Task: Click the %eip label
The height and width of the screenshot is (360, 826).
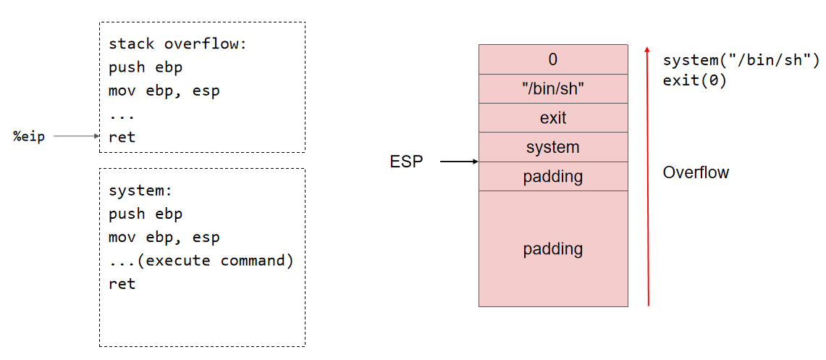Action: [x=29, y=136]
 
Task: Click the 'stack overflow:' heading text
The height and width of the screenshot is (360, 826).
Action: [x=177, y=43]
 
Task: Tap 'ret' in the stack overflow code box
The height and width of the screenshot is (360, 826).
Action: [x=122, y=137]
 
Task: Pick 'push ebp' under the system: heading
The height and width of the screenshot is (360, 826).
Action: [x=146, y=214]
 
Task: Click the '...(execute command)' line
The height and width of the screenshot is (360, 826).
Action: [x=201, y=260]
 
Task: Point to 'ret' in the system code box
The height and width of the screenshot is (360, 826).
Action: [x=122, y=283]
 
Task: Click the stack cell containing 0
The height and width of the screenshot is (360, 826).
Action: [x=553, y=59]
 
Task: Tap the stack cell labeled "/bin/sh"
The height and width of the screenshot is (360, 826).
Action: [x=553, y=88]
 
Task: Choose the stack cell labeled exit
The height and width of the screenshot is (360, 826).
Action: [x=553, y=118]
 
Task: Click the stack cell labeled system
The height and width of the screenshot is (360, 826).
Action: [x=553, y=147]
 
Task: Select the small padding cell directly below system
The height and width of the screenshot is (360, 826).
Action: [x=553, y=176]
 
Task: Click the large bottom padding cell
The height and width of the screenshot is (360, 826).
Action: [x=553, y=248]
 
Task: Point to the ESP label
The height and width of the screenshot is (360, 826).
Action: [x=406, y=162]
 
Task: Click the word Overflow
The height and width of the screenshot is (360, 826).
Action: [x=696, y=172]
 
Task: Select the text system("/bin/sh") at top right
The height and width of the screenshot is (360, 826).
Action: [x=741, y=59]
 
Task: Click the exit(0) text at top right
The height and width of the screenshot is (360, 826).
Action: [x=695, y=80]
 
